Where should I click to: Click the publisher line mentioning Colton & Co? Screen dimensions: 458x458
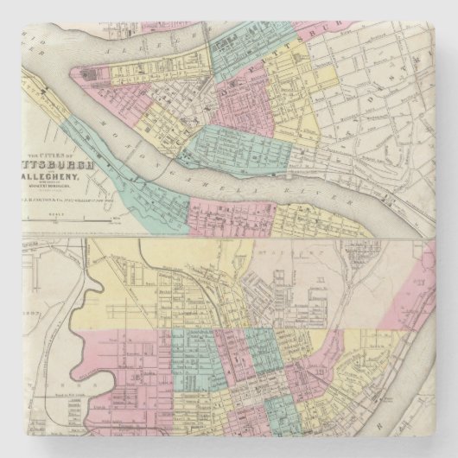tap(82, 200)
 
